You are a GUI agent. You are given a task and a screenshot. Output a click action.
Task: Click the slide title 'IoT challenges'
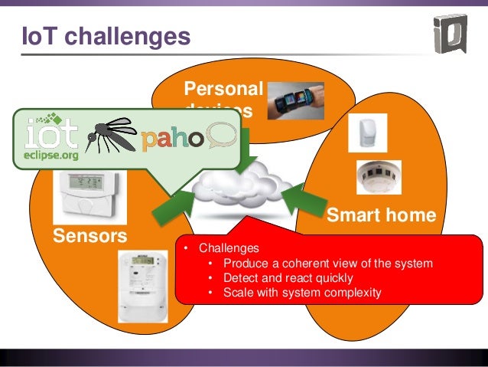pos(104,35)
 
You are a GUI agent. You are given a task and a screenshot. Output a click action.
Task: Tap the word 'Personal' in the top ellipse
pos(223,89)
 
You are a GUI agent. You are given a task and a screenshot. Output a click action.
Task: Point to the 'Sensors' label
pos(89,234)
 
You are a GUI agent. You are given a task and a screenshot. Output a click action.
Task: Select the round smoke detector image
pos(379,177)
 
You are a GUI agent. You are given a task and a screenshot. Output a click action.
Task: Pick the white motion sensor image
pos(365,133)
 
